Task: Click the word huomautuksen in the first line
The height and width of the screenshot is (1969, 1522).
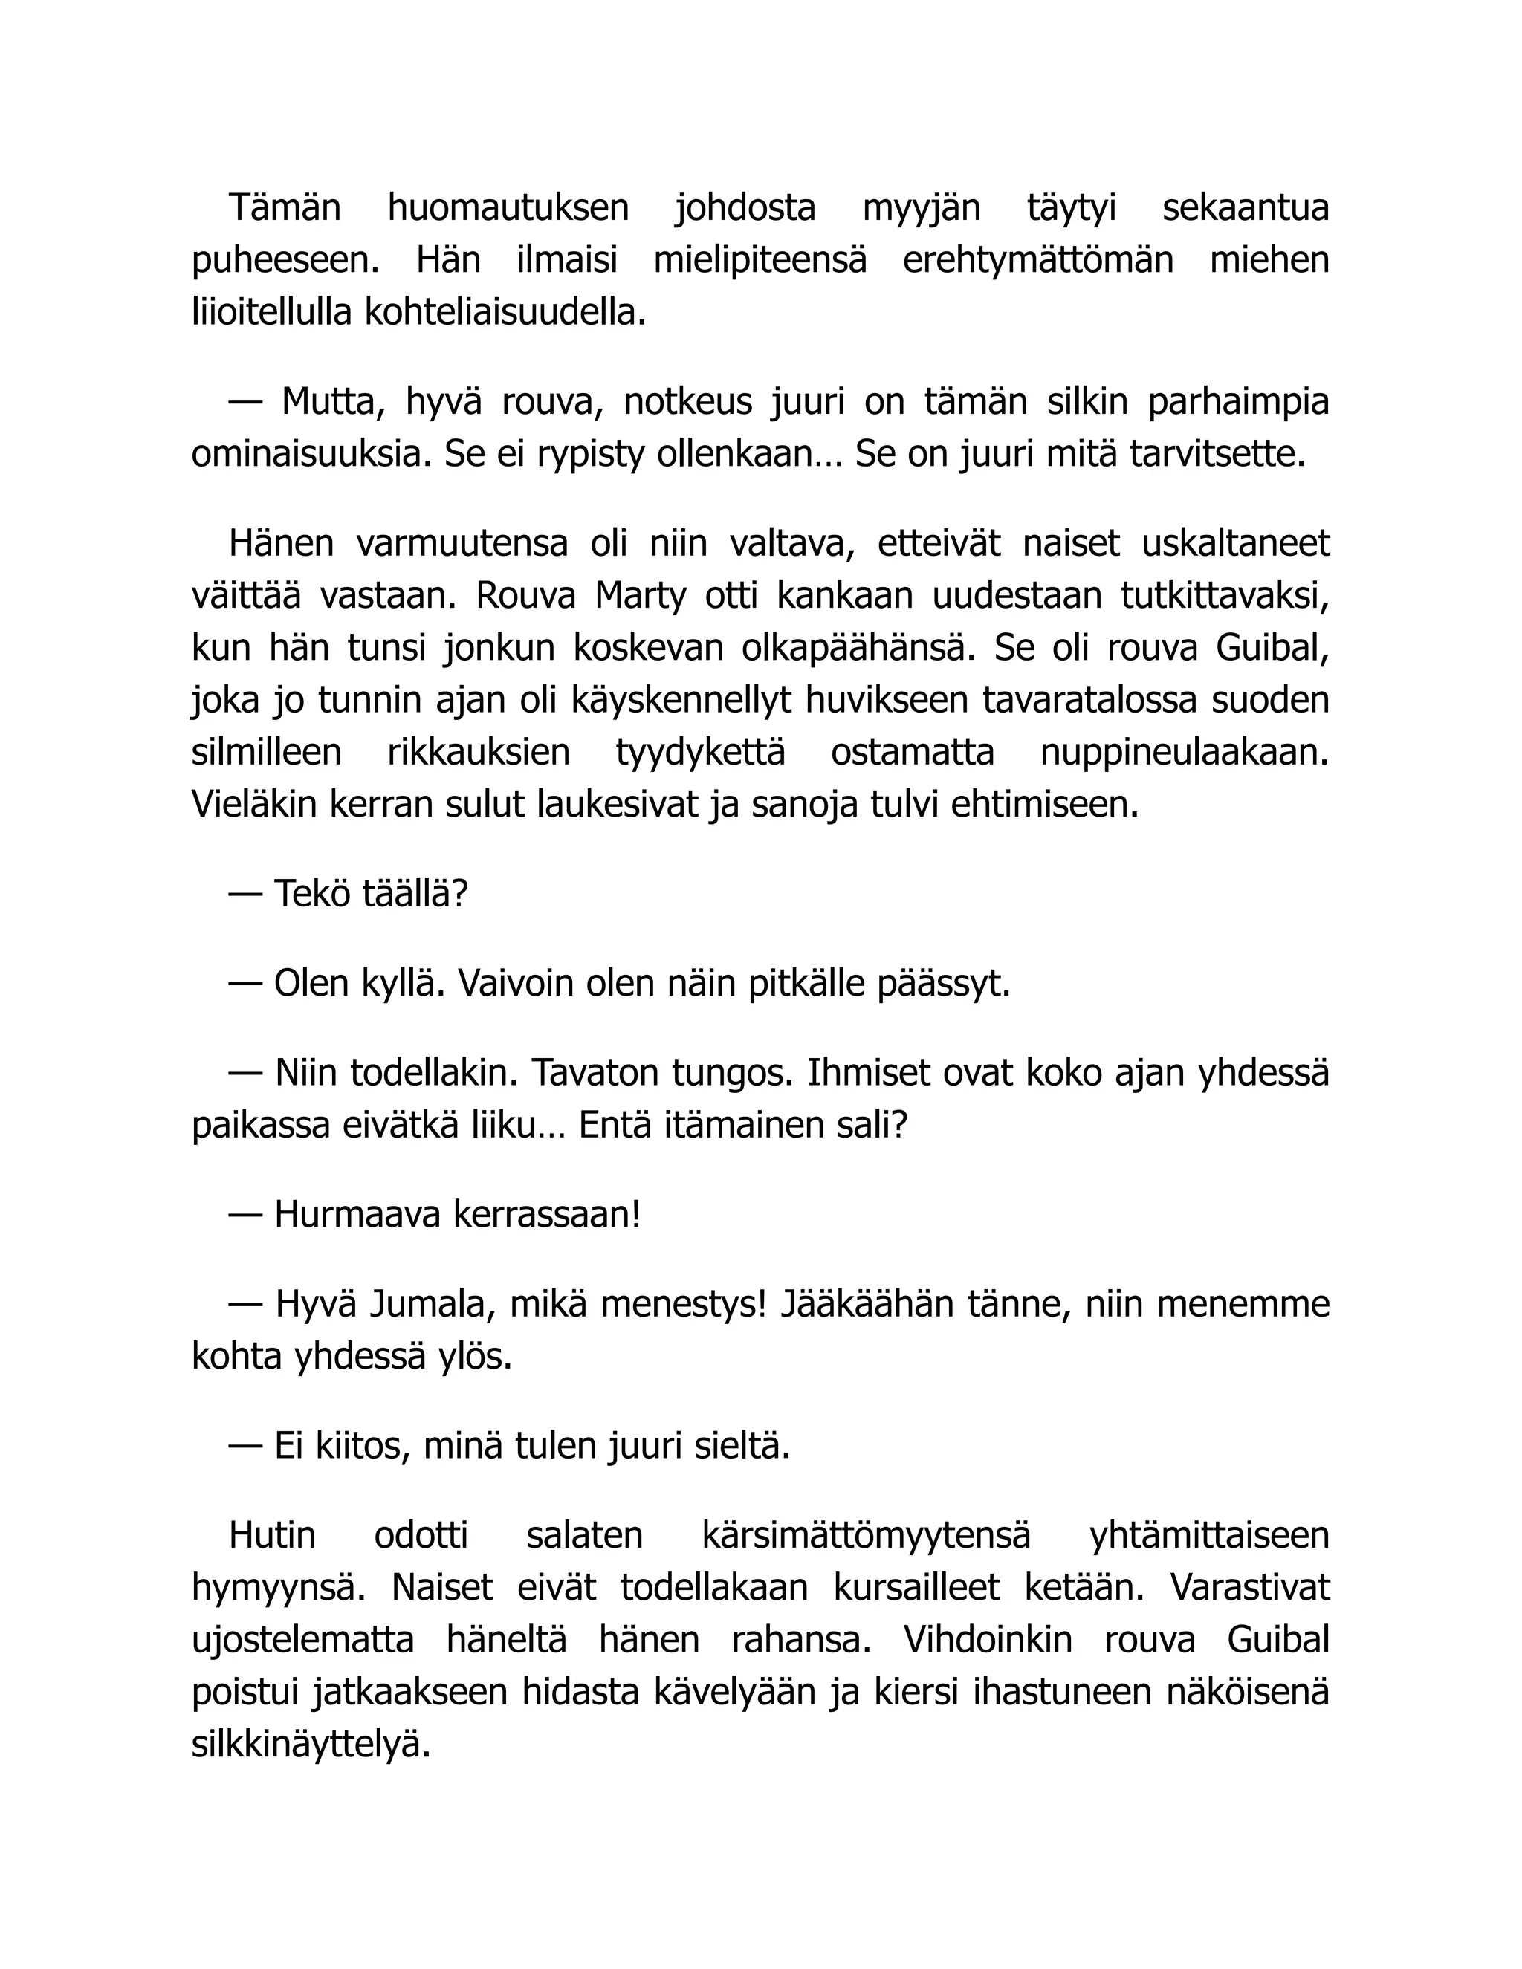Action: (x=508, y=208)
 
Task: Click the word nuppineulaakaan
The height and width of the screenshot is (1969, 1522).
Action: (x=1185, y=753)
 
